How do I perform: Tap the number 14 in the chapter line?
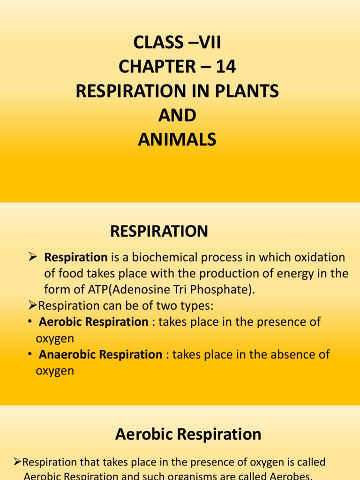click(225, 67)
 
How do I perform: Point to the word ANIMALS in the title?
click(177, 140)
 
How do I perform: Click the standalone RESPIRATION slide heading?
click(159, 231)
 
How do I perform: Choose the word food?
click(69, 274)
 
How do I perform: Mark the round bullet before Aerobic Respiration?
click(30, 322)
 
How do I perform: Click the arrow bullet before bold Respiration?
click(32, 257)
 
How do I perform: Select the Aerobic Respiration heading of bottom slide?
click(188, 435)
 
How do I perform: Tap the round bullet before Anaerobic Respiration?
click(30, 354)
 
